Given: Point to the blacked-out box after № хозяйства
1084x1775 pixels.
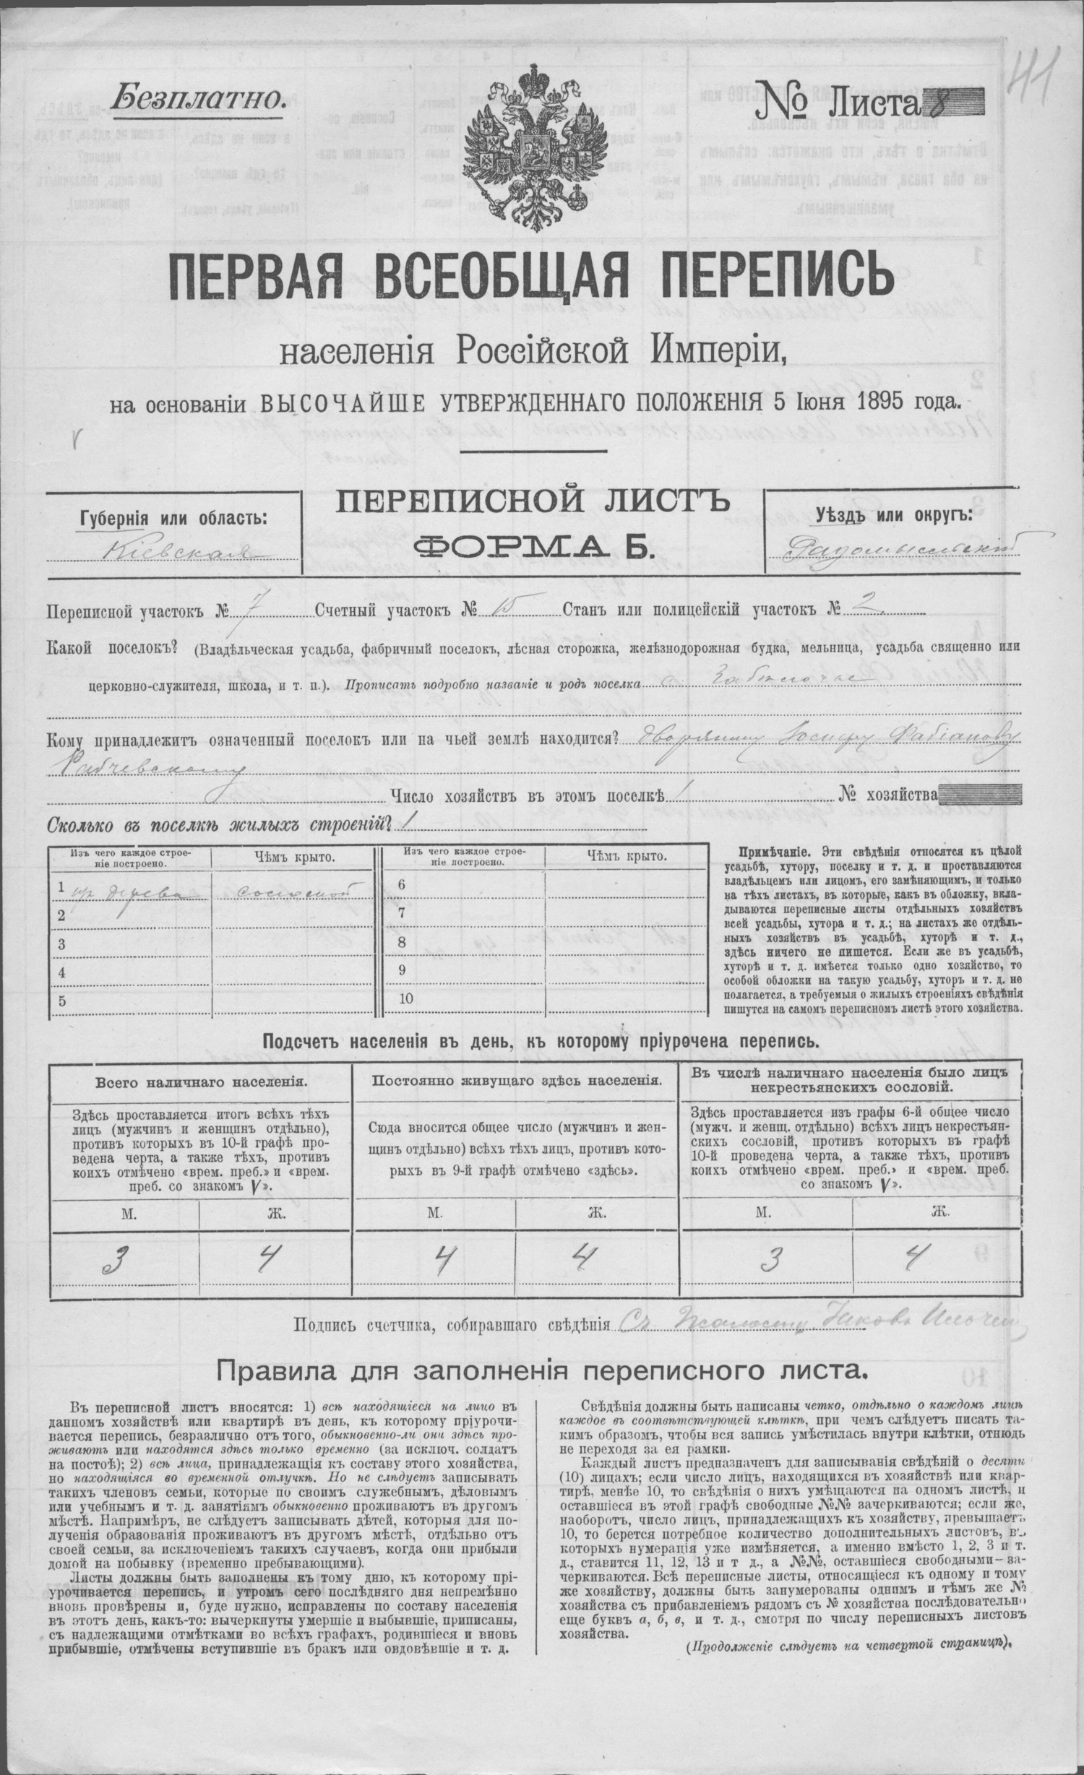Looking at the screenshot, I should [x=983, y=795].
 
